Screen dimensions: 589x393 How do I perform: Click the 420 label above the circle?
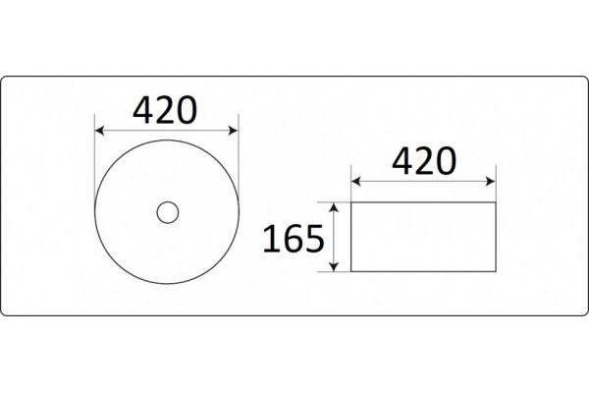click(x=165, y=110)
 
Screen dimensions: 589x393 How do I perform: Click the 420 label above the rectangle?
click(x=424, y=161)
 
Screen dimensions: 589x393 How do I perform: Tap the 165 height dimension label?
click(x=293, y=239)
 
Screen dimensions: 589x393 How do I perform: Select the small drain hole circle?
click(x=168, y=212)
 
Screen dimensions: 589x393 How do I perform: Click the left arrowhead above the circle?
click(x=99, y=131)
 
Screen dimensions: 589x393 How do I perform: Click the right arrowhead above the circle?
click(x=234, y=131)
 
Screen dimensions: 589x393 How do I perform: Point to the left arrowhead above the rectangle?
click(x=356, y=182)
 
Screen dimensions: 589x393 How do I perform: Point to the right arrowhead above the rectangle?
click(x=491, y=182)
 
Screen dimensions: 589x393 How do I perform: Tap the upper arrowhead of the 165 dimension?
click(x=334, y=207)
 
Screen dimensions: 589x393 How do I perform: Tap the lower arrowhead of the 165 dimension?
click(x=334, y=266)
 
